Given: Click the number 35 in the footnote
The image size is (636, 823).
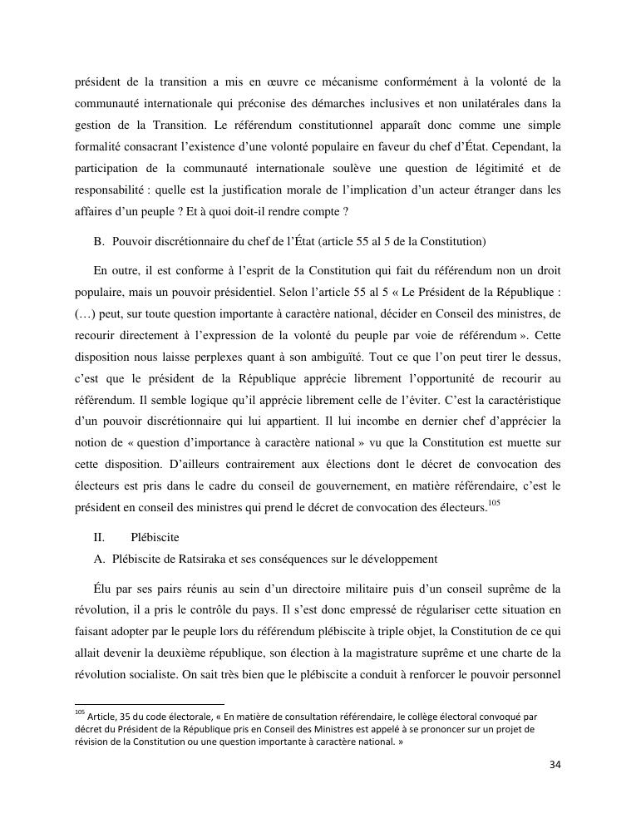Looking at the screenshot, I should (121, 717).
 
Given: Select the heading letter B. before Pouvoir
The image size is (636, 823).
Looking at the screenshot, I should (99, 242).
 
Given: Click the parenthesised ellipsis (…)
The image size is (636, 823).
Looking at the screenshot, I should (85, 315).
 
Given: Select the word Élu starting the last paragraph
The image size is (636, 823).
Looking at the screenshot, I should (105, 589).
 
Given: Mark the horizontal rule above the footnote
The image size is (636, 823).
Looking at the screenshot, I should (150, 703).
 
